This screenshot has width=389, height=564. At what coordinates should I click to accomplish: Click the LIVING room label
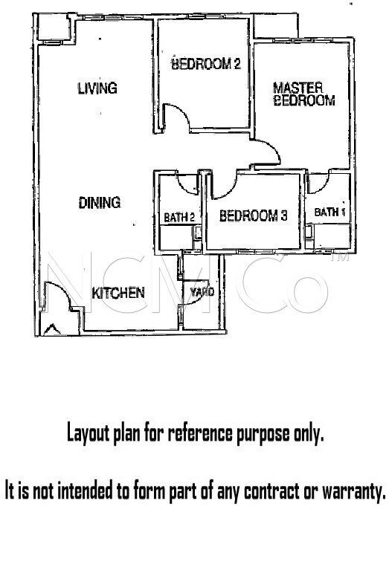pos(97,88)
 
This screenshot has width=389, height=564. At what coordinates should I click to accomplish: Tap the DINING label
pos(100,203)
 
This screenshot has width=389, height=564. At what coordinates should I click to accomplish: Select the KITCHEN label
pos(118,294)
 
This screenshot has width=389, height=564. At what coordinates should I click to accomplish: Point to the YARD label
pos(202,292)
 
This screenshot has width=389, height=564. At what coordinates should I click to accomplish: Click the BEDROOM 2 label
pos(206,64)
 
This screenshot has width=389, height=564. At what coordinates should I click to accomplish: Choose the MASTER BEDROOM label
pos(304,94)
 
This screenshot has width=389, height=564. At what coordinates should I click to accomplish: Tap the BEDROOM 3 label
pos(253,215)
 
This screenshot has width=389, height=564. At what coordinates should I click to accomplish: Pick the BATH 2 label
pos(179,217)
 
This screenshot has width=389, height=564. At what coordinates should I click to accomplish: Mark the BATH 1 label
pos(330,213)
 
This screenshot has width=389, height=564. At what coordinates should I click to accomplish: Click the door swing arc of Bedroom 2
pos(183,111)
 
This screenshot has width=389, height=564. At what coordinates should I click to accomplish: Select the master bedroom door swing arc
pos(273,146)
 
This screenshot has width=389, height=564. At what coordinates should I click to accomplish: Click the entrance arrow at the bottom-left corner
pos(52,329)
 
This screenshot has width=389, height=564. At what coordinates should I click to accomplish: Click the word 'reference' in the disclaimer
pos(200,432)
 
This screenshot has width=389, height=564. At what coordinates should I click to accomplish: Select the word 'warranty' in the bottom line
pos(354,490)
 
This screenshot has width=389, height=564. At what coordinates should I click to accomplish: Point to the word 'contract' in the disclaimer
pos(272,490)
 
